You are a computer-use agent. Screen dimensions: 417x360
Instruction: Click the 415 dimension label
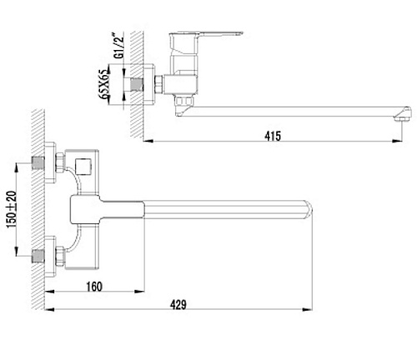[x=273, y=136]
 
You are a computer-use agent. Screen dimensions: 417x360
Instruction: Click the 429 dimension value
[x=178, y=305]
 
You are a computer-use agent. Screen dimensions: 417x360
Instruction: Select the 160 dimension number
[x=94, y=287]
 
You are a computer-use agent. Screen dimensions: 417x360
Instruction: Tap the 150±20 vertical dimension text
[x=12, y=209]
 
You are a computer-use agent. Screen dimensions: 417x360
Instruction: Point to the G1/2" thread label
[x=119, y=46]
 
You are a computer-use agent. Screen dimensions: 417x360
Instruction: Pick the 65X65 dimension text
[x=104, y=84]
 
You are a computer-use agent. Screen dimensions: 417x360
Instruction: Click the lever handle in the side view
[x=206, y=34]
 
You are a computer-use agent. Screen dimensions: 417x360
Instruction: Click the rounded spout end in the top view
[x=309, y=209]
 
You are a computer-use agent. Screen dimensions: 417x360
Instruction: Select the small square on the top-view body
[x=83, y=165]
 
